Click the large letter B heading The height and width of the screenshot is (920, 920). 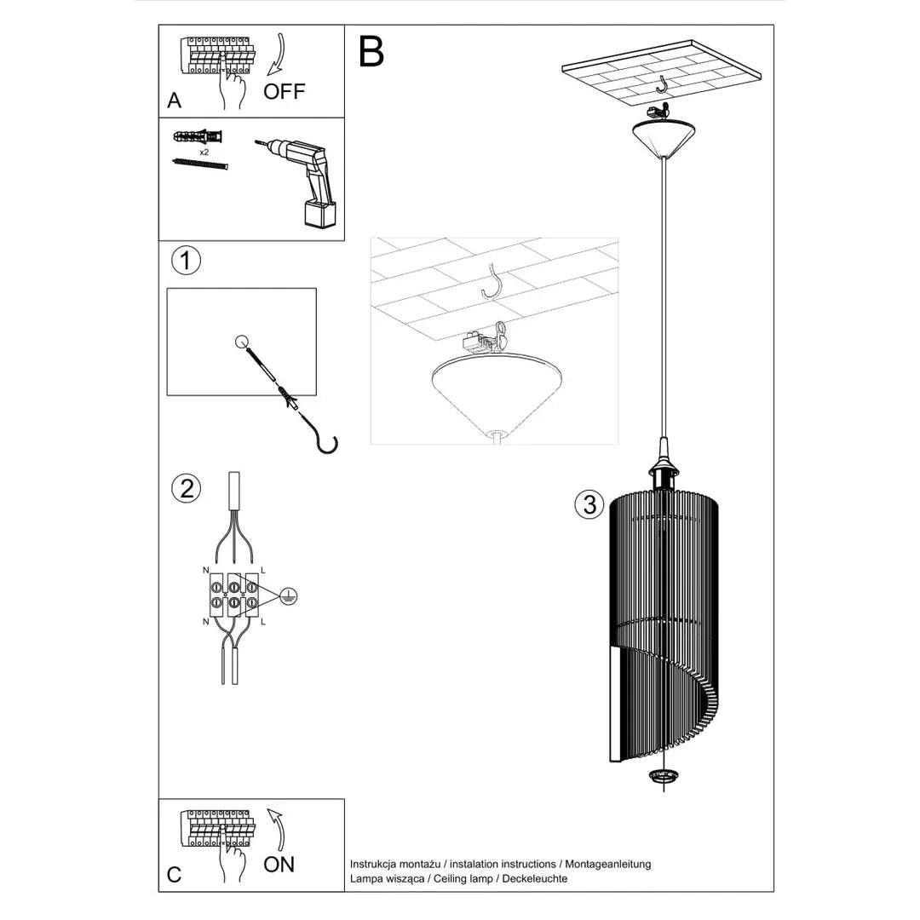coord(371,53)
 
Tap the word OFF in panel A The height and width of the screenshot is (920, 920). coord(284,92)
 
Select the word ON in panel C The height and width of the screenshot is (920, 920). coord(279,864)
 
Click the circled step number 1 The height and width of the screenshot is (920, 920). coord(186,261)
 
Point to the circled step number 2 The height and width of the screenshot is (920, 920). coord(186,488)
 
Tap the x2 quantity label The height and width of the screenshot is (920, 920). coord(204,152)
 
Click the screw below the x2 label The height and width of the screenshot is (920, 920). coord(201,164)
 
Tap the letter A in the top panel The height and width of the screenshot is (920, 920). coord(175,101)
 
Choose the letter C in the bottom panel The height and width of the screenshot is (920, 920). coord(175,875)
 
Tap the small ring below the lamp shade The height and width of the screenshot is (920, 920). coord(662,776)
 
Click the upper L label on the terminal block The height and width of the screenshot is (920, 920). coord(262,569)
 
